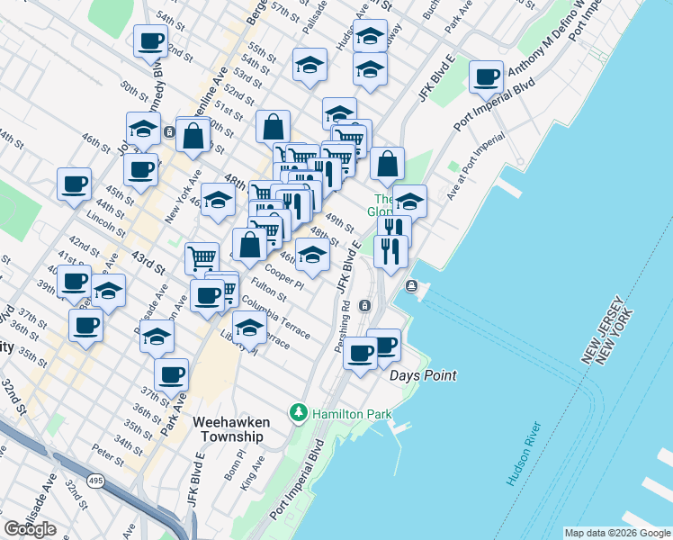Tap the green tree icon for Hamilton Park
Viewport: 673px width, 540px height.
(298, 413)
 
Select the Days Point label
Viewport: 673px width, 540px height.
(423, 375)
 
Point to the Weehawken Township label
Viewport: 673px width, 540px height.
(228, 428)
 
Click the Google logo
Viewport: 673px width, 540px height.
(31, 529)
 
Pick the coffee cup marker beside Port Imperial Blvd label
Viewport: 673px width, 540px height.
(486, 77)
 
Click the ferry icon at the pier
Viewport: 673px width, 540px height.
(412, 286)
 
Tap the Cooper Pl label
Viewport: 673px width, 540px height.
(286, 274)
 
